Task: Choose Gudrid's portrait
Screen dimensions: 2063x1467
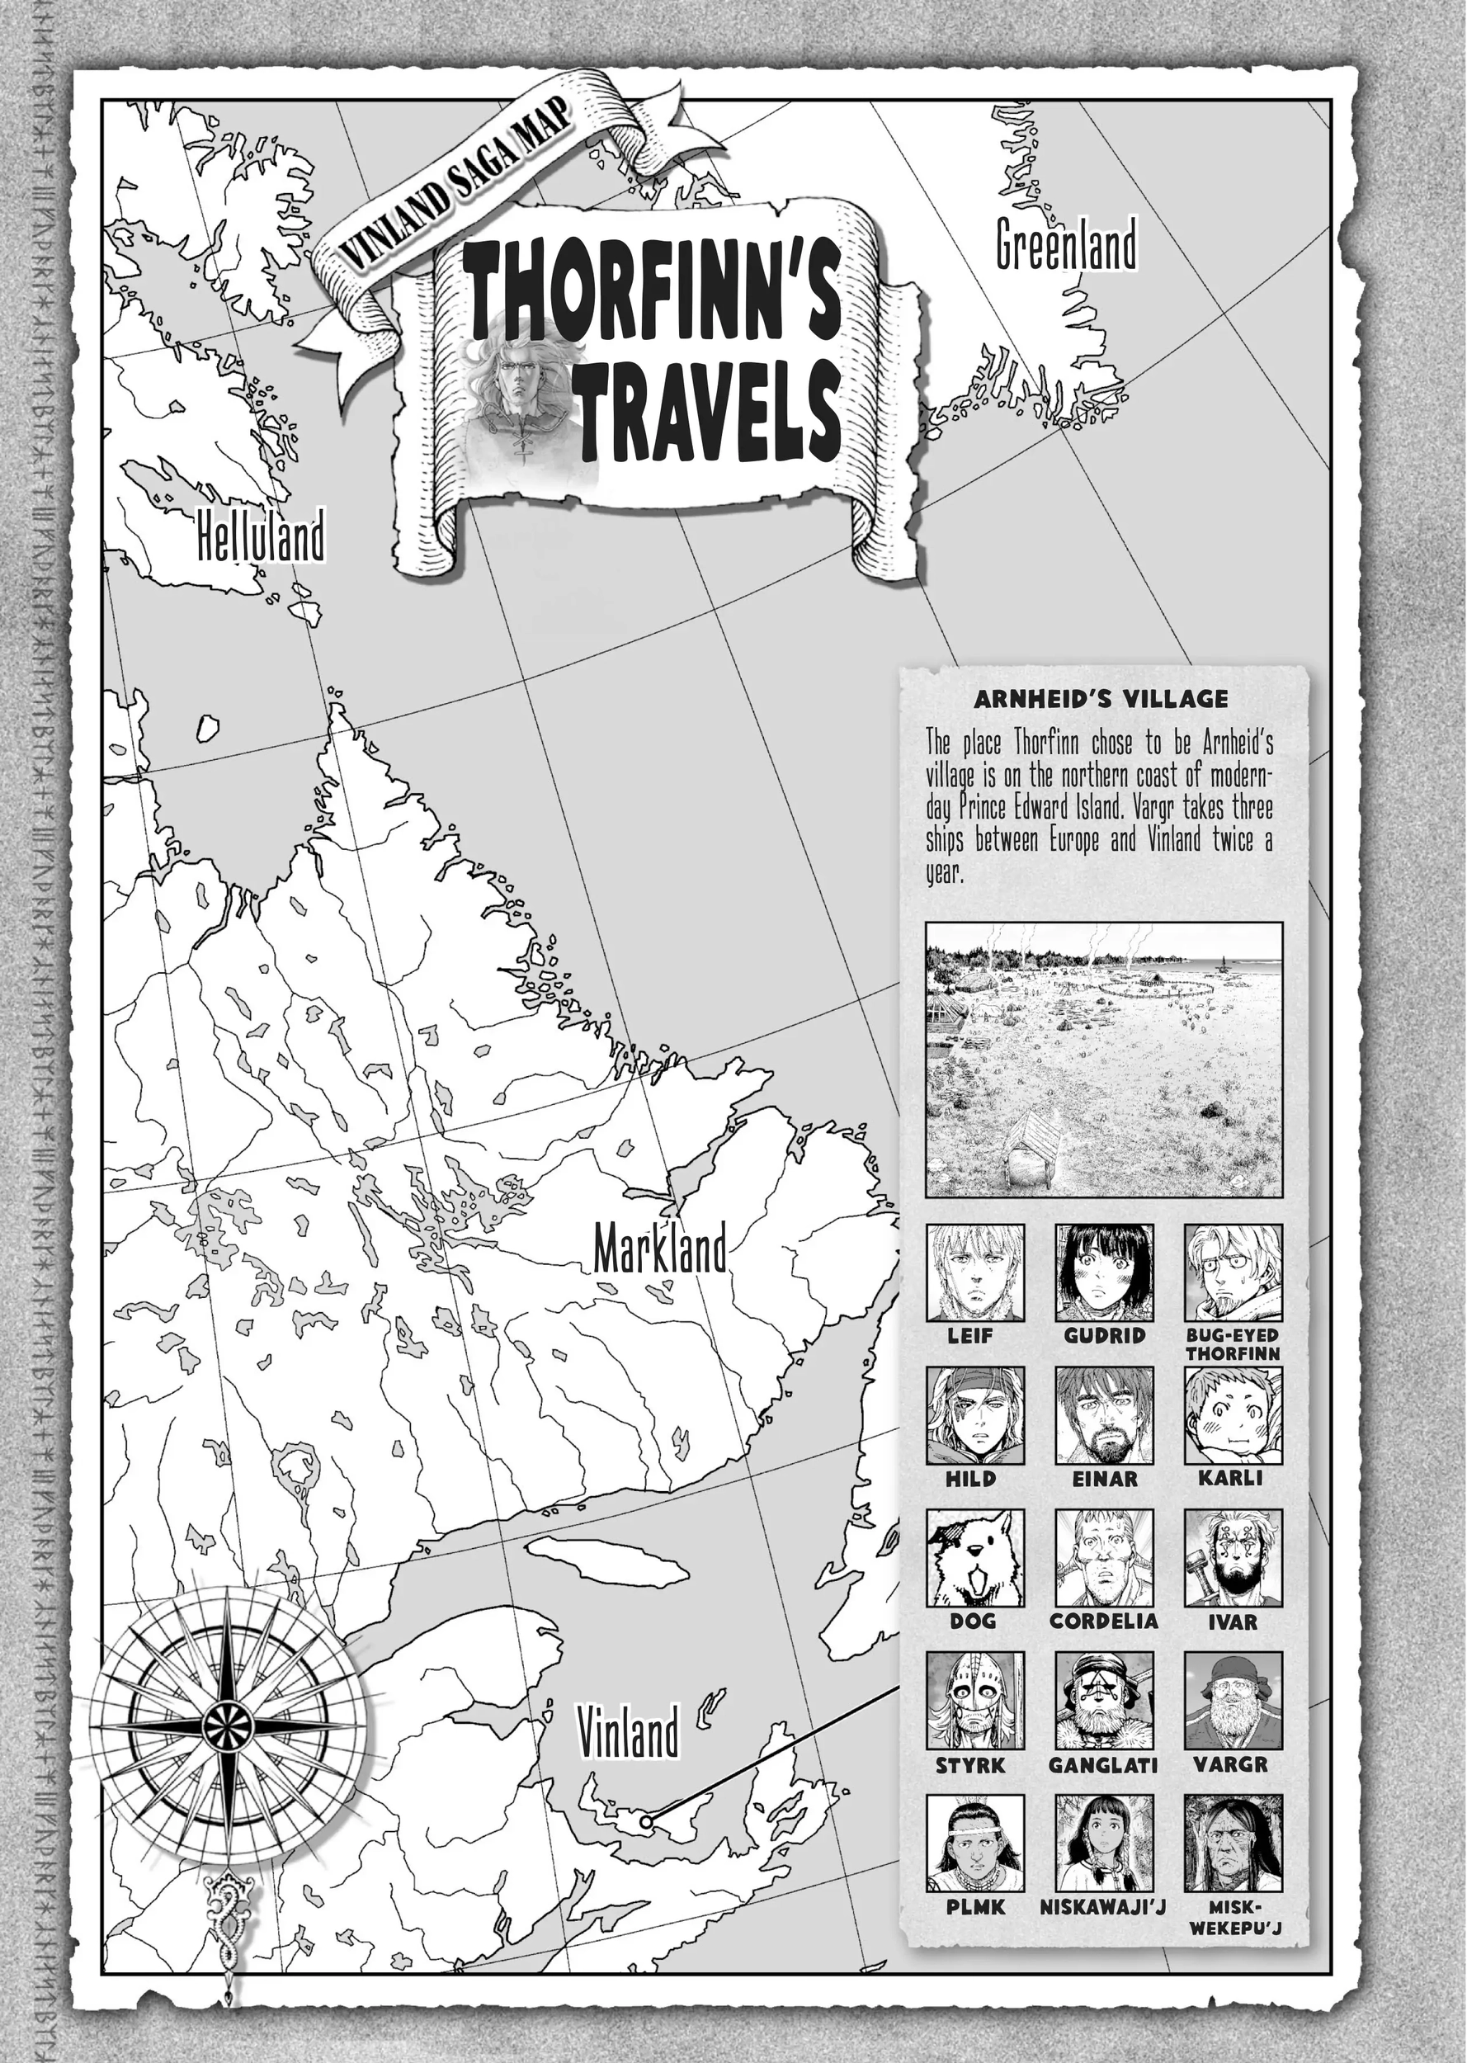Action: [1104, 1272]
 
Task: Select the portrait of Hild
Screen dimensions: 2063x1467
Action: [974, 1415]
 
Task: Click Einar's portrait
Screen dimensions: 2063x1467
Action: [1104, 1415]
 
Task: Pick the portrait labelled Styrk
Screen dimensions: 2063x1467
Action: [974, 1701]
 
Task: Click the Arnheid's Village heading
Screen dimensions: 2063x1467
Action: [1101, 698]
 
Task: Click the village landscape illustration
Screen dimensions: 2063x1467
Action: [1104, 1059]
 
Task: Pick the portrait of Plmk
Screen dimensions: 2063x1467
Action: [974, 1843]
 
